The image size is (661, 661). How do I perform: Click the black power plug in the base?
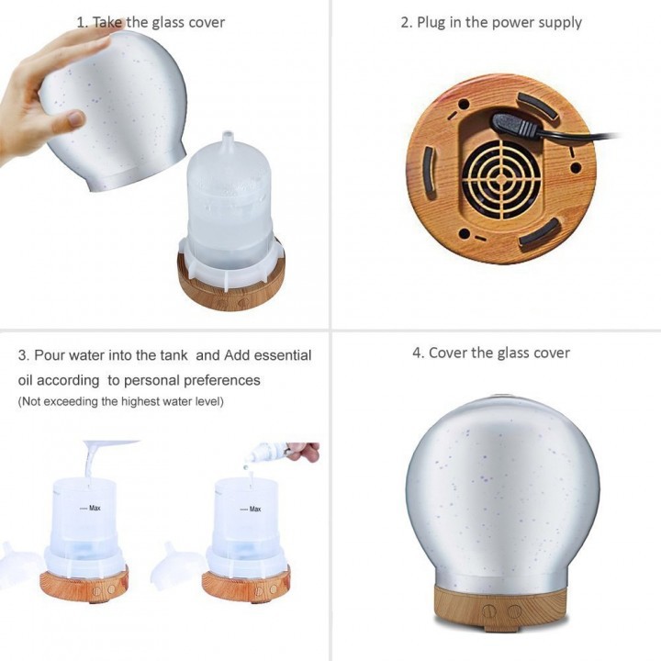(516, 125)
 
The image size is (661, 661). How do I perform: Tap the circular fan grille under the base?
(501, 179)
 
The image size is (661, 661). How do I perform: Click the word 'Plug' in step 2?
(431, 23)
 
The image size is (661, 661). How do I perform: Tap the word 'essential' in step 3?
(283, 355)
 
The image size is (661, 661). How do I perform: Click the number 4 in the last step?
(417, 353)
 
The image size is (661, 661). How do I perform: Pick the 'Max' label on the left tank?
(95, 508)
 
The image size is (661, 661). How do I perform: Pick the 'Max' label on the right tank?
(255, 509)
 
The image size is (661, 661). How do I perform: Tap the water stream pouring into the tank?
(88, 462)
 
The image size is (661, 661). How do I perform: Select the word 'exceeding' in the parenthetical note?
(71, 401)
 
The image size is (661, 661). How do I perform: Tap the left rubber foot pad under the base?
(429, 171)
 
